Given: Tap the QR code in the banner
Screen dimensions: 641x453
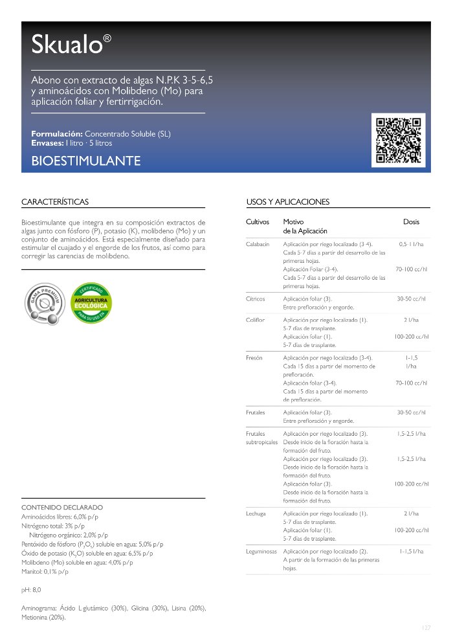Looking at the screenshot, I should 398,139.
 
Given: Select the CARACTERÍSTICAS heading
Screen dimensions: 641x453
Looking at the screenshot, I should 55,202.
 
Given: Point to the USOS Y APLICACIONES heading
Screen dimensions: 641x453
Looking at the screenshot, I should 288,202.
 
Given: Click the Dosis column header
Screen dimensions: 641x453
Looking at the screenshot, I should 411,221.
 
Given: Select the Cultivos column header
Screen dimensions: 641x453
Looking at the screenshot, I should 257,221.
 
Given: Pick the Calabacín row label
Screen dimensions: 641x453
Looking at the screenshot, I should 258,244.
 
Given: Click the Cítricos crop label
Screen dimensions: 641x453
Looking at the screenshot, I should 255,299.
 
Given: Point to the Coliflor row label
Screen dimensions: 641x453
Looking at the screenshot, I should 256,320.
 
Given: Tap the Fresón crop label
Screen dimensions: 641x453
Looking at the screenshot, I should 254,357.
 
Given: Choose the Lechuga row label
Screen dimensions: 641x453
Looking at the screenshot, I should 256,513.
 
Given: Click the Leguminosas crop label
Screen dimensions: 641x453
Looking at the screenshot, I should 261,551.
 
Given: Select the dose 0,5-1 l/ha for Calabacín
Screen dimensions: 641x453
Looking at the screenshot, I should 411,244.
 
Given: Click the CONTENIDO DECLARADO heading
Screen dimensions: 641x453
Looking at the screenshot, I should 62,507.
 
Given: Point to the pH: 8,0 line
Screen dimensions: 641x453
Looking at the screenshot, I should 31,590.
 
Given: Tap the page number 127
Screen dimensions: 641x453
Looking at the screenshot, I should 425,628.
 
